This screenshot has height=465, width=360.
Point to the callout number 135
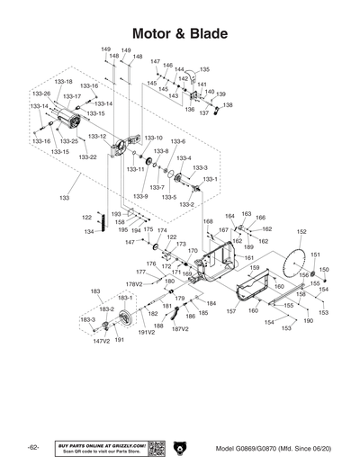click(x=204, y=69)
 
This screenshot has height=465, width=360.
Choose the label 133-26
click(x=41, y=94)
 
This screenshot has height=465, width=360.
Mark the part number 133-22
click(x=87, y=157)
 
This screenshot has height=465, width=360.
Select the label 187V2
click(x=180, y=328)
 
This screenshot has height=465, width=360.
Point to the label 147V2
click(x=101, y=342)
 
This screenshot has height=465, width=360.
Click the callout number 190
click(x=308, y=321)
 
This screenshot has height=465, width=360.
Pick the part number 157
click(x=231, y=311)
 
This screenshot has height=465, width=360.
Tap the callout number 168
click(x=208, y=221)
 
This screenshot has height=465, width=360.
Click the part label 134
click(x=90, y=232)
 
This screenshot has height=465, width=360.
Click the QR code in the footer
click(x=155, y=448)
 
